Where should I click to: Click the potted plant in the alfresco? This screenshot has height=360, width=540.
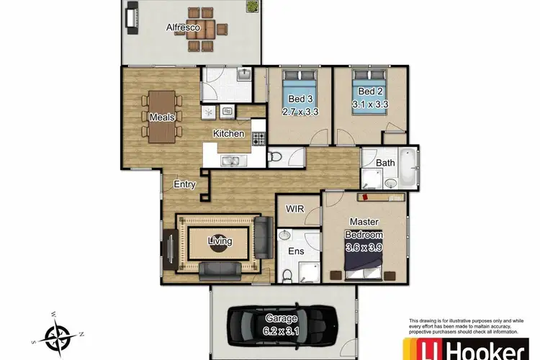click(253, 6)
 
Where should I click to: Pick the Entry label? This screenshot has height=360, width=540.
click(185, 184)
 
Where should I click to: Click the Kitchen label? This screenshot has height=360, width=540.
click(228, 134)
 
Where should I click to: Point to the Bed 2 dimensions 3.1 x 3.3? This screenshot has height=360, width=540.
click(370, 103)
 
